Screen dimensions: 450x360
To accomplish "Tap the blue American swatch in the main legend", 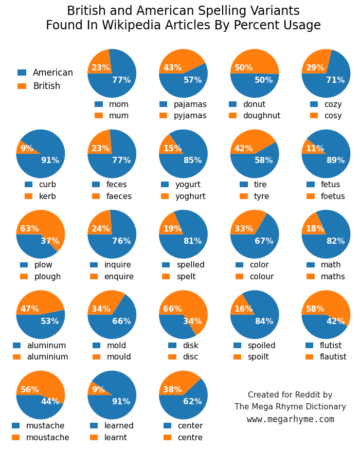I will [22, 73].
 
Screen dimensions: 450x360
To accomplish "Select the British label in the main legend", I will [46, 86].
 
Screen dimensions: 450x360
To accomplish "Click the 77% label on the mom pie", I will [121, 80].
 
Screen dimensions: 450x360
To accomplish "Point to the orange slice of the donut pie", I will [255, 61].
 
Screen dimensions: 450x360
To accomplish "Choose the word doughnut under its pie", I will [262, 116].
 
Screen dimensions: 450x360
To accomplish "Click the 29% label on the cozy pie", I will [315, 68].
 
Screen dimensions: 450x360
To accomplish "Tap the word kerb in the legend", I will [47, 196].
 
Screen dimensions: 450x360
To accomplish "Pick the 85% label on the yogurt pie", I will [192, 160].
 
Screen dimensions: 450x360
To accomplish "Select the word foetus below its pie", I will [333, 196].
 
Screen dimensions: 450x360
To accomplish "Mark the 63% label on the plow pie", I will [29, 229].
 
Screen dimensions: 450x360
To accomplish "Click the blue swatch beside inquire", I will [94, 265].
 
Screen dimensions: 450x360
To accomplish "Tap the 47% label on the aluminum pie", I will [29, 309].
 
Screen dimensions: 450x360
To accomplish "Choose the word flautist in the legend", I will [333, 357].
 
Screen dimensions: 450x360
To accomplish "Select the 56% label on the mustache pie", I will [29, 390].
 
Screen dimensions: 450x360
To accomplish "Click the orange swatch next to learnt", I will [94, 438].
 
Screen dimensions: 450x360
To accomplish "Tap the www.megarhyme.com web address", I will [290, 419].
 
